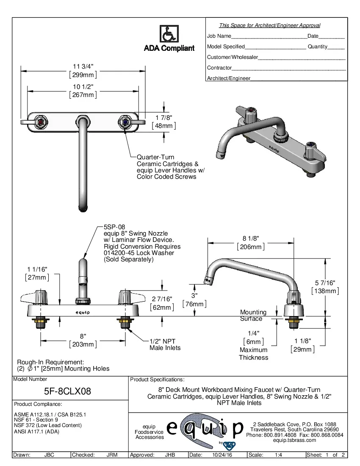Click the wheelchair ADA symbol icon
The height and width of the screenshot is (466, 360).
coord(169,34)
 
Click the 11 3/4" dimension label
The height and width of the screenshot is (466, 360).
coord(83,67)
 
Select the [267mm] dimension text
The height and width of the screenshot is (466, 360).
coord(83,95)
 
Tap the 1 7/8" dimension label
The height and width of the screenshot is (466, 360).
coord(164,118)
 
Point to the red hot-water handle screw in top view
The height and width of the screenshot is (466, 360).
coord(41,122)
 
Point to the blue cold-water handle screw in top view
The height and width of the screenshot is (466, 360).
coord(125,122)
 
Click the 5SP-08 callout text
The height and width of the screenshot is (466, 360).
coord(114,227)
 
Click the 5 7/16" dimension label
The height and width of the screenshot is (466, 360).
coord(325,283)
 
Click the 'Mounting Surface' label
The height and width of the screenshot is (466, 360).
coord(253,315)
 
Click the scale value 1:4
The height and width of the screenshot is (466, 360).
coord(279,455)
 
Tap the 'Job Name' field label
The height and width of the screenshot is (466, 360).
coord(219,36)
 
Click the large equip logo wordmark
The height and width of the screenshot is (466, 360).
coord(205,428)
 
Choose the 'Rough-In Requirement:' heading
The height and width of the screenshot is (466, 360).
coord(50,362)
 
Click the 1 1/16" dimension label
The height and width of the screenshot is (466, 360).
coord(37,269)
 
